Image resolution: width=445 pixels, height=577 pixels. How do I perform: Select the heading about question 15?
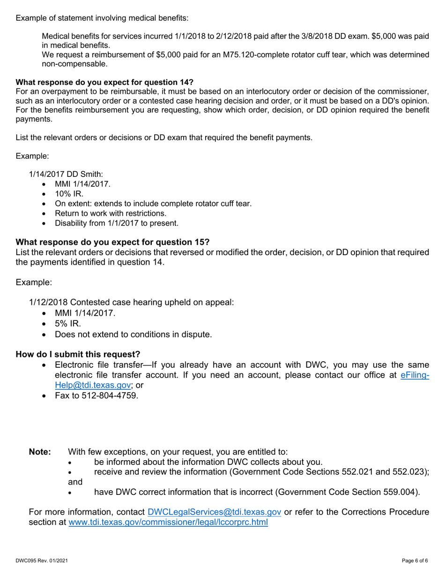point(112,242)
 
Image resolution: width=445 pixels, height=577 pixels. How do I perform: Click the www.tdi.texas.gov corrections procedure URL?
point(168,522)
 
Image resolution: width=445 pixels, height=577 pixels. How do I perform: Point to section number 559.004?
point(400,492)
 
